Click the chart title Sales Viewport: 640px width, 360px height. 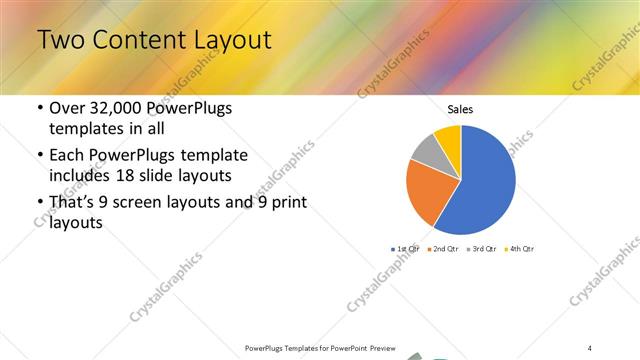coord(460,110)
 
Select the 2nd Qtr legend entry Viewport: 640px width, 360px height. coord(445,248)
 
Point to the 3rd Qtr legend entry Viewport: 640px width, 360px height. coord(483,248)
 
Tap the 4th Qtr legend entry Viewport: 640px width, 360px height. coord(521,248)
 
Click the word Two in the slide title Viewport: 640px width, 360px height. coord(61,40)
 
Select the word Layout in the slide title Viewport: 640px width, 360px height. coord(230,40)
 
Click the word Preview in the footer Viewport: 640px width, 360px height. coord(381,348)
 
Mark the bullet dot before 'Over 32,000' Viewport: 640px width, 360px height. coord(38,109)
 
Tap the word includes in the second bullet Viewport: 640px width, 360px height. coord(79,176)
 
